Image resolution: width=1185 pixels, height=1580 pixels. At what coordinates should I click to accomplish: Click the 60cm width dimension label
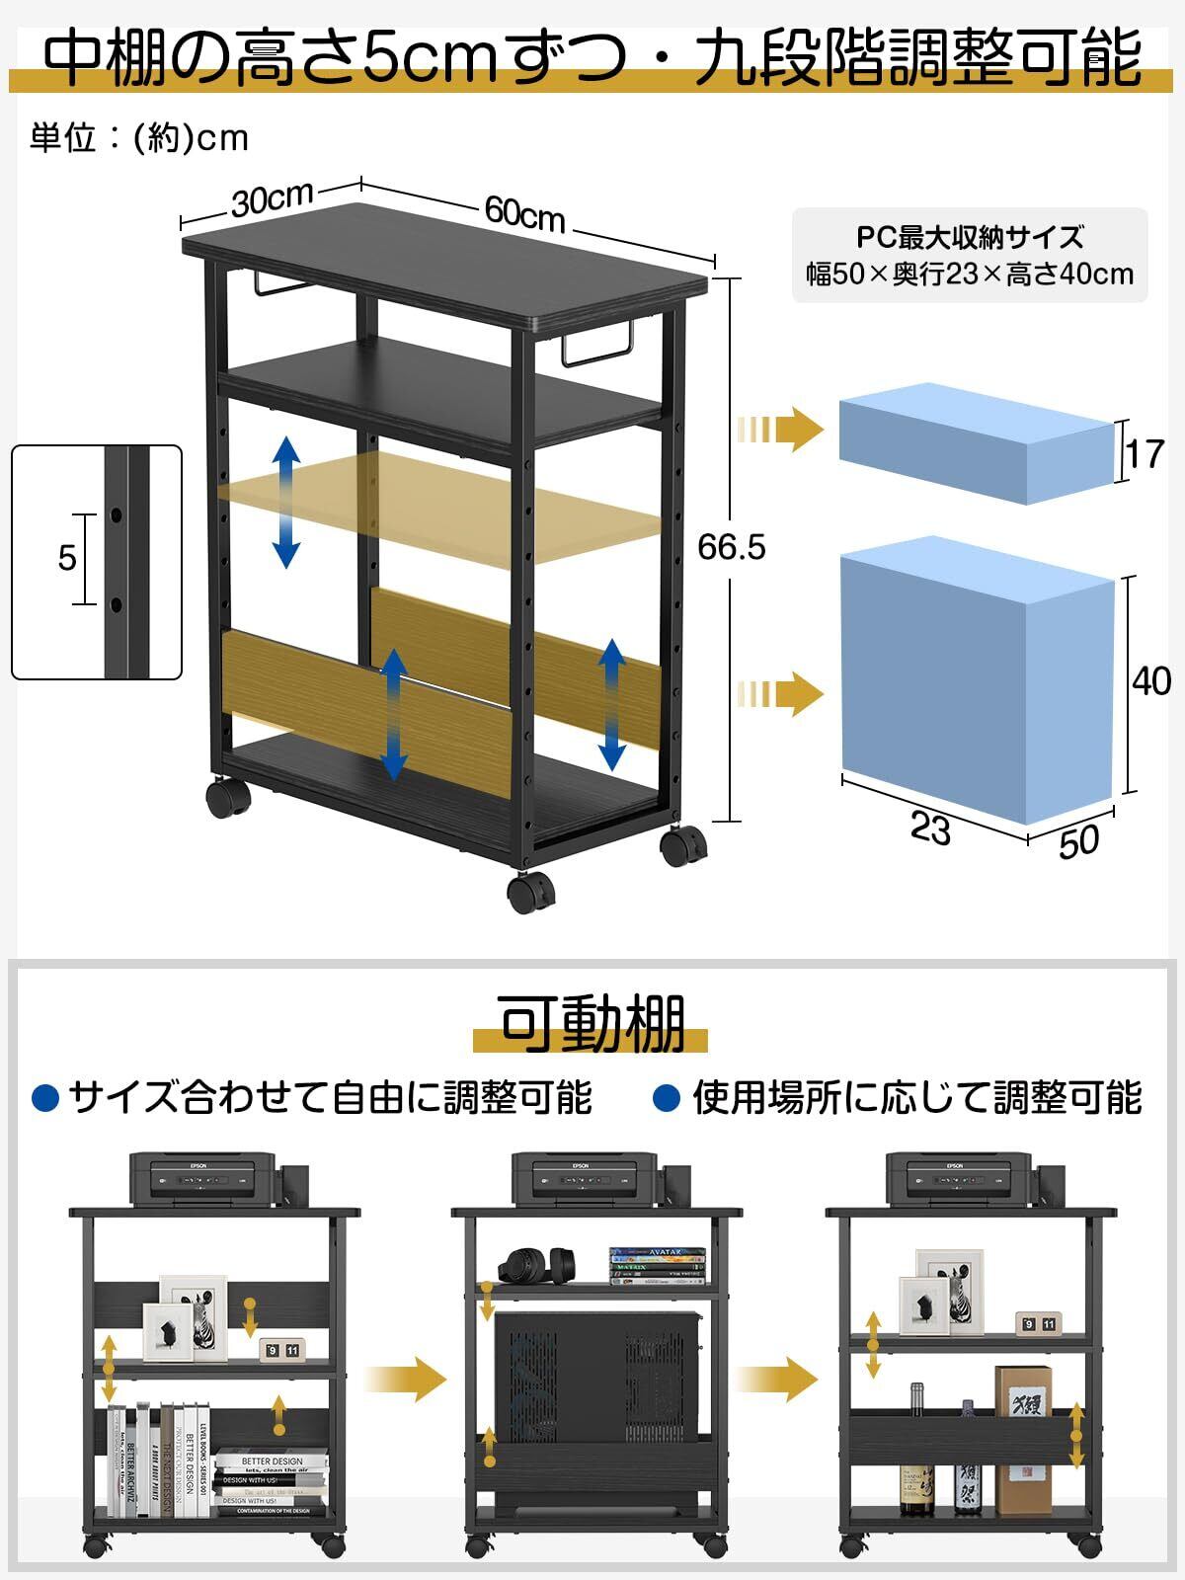(x=524, y=212)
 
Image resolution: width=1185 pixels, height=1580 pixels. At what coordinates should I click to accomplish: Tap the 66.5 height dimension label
(x=731, y=546)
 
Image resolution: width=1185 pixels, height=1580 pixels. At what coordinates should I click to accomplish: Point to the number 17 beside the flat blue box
(x=1145, y=453)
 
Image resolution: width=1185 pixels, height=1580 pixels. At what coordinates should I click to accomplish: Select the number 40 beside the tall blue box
(x=1151, y=680)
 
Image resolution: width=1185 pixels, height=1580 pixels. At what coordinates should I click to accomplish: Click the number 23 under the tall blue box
(x=930, y=828)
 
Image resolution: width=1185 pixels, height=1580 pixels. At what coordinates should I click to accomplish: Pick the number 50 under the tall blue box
(x=1078, y=841)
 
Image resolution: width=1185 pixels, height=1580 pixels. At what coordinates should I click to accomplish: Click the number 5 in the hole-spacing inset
(x=66, y=558)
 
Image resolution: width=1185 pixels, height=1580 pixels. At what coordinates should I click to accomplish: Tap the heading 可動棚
(x=592, y=1024)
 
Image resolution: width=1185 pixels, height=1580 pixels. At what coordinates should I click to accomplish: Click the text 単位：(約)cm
(x=139, y=138)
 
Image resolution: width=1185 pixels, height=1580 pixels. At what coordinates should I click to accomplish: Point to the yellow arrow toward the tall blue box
(x=780, y=694)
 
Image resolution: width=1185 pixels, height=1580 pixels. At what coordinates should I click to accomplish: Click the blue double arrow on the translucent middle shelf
(x=286, y=502)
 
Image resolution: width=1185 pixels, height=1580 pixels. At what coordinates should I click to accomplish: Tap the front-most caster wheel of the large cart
(x=530, y=892)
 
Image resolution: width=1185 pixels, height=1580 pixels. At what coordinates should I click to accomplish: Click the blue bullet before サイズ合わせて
(x=46, y=1097)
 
